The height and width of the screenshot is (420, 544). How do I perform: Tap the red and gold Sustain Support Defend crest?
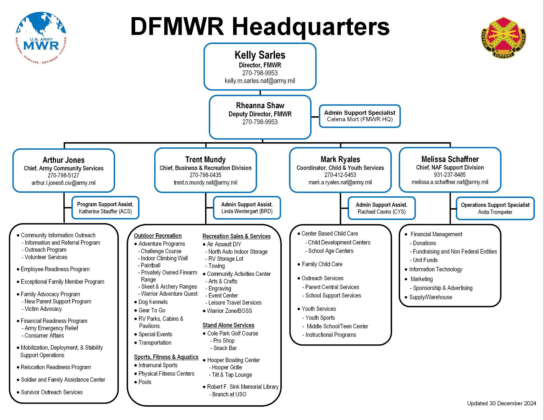click(x=503, y=38)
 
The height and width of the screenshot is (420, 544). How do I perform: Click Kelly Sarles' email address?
click(x=260, y=81)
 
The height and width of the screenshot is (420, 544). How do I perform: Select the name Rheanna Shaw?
click(x=260, y=105)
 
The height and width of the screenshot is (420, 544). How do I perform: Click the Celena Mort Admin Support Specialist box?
click(x=360, y=116)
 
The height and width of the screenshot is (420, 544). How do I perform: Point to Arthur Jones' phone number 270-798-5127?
click(x=63, y=175)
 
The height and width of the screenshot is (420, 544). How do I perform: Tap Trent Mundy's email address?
click(x=205, y=182)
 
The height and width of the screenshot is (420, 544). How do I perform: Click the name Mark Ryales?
click(x=340, y=159)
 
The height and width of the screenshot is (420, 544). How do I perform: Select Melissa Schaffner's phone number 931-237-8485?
click(x=450, y=175)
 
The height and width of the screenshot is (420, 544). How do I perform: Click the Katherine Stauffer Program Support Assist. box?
click(x=105, y=208)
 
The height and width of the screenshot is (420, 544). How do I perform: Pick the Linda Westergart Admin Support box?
click(x=247, y=208)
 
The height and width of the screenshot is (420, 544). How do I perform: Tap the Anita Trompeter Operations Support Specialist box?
click(x=495, y=208)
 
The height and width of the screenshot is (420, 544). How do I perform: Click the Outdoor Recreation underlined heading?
click(x=158, y=236)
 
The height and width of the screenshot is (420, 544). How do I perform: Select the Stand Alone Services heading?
click(x=228, y=325)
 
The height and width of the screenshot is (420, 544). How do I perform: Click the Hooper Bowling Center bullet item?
click(x=233, y=360)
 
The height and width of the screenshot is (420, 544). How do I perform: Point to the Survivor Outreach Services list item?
click(x=52, y=392)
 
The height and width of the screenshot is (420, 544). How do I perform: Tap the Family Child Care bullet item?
click(x=322, y=264)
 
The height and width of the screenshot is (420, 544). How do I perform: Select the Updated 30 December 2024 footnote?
click(x=501, y=403)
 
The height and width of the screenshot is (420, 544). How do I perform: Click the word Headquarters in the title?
click(x=311, y=27)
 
